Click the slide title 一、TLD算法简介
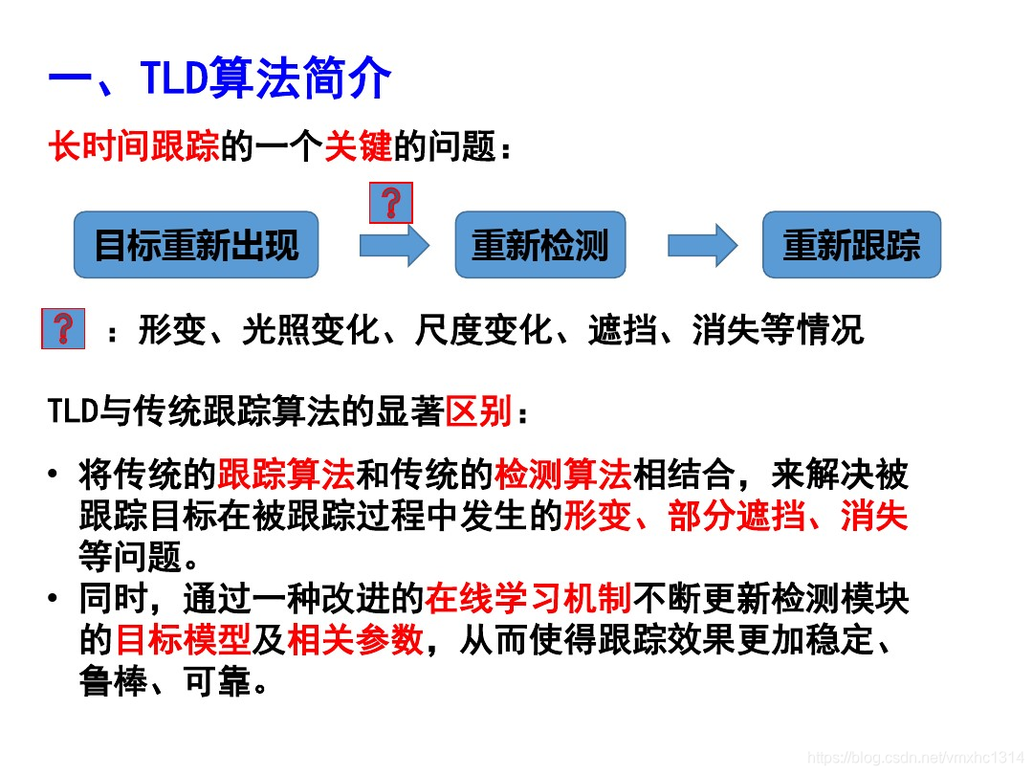click(x=220, y=78)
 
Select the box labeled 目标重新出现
click(x=196, y=246)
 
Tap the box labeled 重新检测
click(x=539, y=246)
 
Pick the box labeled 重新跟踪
click(x=850, y=246)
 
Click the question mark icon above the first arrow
click(x=390, y=203)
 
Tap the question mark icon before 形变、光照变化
click(x=63, y=328)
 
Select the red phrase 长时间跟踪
click(x=134, y=147)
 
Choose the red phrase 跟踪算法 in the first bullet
click(x=286, y=474)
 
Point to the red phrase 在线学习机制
click(x=529, y=599)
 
